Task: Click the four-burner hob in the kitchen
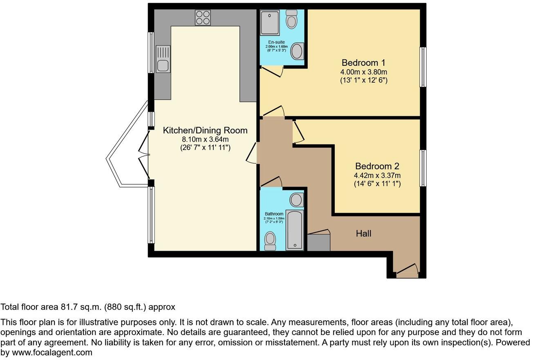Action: coord(203,18)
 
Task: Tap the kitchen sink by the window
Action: coord(163,59)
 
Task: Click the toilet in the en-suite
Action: coord(291,20)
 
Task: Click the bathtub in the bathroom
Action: coord(294,230)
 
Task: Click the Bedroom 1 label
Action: coord(363,63)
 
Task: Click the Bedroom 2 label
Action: coord(377,166)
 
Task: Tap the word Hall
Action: coord(363,234)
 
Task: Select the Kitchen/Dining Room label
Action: coord(205,130)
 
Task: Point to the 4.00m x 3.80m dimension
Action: coord(363,72)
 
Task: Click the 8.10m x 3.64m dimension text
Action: coord(205,139)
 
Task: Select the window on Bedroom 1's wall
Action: coord(423,67)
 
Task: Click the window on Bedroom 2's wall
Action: coord(423,168)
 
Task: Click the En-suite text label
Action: coord(276,42)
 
